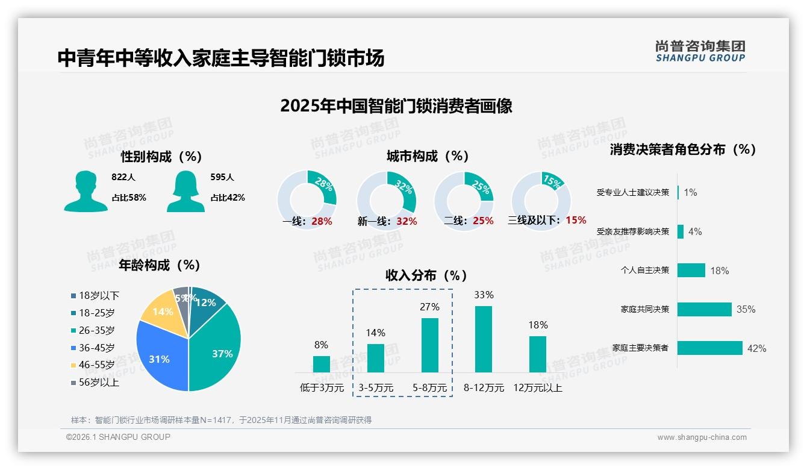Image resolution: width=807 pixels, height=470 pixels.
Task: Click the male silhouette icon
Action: pyautogui.click(x=86, y=191)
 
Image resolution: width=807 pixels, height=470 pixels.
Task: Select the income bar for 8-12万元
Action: pyautogui.click(x=484, y=339)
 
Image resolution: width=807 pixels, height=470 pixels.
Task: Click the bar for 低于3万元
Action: pyautogui.click(x=321, y=364)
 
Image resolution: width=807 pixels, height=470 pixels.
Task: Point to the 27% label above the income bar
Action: pyautogui.click(x=429, y=307)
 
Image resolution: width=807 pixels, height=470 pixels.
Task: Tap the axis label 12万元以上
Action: pyautogui.click(x=537, y=388)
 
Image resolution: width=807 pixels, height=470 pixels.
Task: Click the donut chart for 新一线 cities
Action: pyautogui.click(x=386, y=201)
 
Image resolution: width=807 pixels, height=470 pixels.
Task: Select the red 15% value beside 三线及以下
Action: pyautogui.click(x=576, y=220)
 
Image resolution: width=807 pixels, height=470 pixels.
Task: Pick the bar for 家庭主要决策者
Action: pyautogui.click(x=709, y=348)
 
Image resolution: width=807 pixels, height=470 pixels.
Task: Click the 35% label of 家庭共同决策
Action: pyautogui.click(x=746, y=309)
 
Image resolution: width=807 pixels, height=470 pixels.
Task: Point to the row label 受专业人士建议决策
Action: pyautogui.click(x=632, y=192)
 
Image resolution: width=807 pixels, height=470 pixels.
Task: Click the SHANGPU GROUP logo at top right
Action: pyautogui.click(x=700, y=51)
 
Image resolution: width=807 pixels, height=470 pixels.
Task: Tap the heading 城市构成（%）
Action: pyautogui.click(x=428, y=156)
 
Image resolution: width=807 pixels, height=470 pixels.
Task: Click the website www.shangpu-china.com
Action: pyautogui.click(x=702, y=437)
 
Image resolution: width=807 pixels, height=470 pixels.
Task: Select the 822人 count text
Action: pyautogui.click(x=123, y=177)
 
